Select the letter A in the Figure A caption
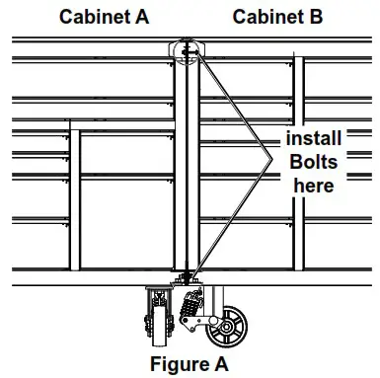click(x=223, y=363)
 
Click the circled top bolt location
click(x=188, y=49)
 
